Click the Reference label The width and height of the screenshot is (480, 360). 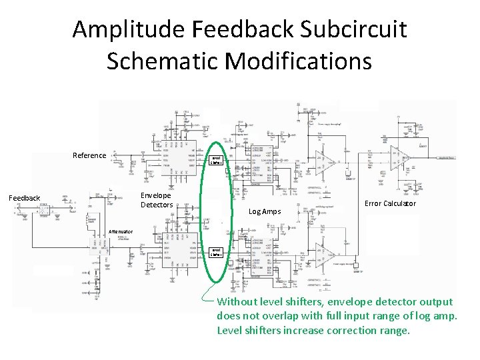coord(89,155)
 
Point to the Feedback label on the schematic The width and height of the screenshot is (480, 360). coord(24,198)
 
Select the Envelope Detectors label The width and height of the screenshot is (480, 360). coord(157,200)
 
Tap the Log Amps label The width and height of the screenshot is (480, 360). coord(265,211)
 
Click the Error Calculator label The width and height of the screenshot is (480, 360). coord(390,203)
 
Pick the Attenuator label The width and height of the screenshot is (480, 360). coord(120,232)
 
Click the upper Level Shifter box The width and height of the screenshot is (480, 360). coord(215,160)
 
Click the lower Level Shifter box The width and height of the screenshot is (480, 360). coord(215,253)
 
